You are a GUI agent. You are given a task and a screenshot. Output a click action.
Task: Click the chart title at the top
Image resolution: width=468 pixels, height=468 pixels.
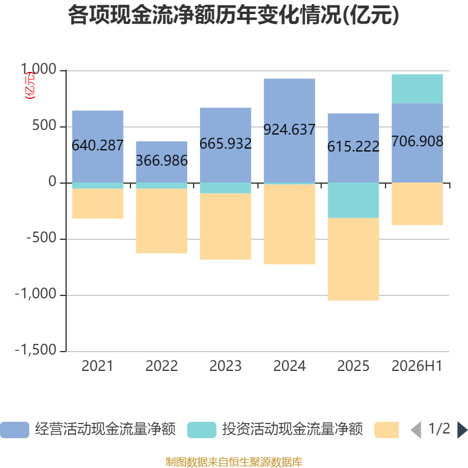coord(233,15)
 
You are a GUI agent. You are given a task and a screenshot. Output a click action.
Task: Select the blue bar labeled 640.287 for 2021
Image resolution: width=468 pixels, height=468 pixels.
coord(98,147)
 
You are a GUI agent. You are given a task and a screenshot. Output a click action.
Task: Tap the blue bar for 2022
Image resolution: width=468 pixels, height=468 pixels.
coord(161,162)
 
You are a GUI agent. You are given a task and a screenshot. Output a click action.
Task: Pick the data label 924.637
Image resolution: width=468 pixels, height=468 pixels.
coord(289,129)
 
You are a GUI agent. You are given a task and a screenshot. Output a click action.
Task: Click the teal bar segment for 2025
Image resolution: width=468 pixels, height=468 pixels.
coord(353,200)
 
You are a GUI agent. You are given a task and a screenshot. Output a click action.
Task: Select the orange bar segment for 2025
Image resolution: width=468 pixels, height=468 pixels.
coord(353,259)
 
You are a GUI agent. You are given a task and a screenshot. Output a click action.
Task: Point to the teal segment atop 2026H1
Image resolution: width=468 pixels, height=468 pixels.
coord(417,89)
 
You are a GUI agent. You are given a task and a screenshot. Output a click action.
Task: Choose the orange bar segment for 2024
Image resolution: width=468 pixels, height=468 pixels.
coord(289,224)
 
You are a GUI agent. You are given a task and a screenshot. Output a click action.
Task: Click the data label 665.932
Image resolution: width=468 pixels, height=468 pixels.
coord(226,143)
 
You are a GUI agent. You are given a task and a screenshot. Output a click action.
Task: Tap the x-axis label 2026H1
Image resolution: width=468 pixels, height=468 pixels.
coord(417,366)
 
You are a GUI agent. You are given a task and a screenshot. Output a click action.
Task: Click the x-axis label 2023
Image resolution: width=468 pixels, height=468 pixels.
coord(225,366)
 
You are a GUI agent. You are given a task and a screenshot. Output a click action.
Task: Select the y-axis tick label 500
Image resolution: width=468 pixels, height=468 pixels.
coord(44,125)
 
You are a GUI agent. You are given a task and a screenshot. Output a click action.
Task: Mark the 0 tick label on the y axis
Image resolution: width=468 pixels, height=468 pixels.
coord(52,181)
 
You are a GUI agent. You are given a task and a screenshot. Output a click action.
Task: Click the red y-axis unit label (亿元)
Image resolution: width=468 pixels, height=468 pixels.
coord(30,85)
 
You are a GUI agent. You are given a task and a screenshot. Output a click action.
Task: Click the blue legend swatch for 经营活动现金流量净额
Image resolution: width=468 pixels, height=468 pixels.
coord(15,430)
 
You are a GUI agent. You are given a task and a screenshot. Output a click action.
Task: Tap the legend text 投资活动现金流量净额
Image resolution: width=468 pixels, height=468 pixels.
coord(292,429)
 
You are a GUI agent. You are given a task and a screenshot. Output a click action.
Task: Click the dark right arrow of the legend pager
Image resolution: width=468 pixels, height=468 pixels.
coord(463,430)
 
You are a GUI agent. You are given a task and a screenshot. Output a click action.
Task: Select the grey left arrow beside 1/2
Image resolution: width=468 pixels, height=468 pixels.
coord(416,430)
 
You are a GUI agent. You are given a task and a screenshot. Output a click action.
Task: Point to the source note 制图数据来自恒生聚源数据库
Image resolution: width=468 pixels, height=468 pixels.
coord(234,462)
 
